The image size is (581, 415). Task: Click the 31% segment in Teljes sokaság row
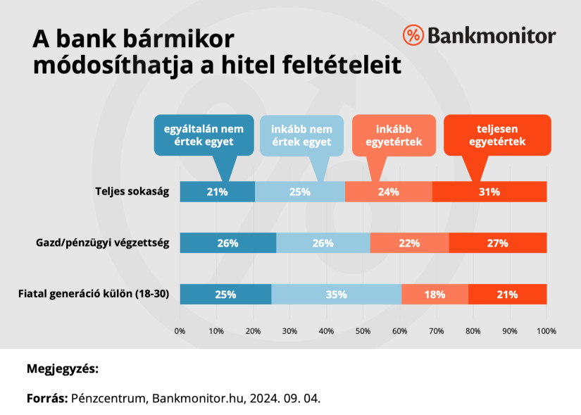[489, 192]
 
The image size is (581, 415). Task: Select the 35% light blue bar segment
[336, 295]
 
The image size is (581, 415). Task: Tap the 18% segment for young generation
[435, 295]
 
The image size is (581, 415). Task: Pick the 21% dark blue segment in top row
[217, 192]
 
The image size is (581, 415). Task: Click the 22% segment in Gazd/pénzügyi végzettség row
[409, 243]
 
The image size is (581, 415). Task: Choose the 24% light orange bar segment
[388, 192]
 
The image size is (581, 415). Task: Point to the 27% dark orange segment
[497, 243]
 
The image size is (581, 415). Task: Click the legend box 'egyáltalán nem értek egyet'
[204, 135]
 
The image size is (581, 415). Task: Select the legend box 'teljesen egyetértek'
[497, 135]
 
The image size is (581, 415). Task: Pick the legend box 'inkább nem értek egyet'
[301, 135]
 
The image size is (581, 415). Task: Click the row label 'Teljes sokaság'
[132, 192]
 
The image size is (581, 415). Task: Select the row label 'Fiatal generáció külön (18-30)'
[93, 295]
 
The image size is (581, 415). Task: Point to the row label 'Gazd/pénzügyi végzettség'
[104, 243]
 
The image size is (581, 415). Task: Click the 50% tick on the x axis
[363, 330]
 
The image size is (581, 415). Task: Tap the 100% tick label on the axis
[546, 330]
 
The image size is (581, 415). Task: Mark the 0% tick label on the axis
[180, 330]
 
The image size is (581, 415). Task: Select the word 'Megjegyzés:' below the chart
[63, 368]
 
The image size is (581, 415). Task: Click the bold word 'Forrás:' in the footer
[46, 398]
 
